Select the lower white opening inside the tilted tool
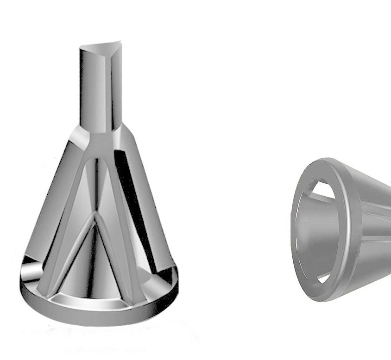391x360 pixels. click(324, 278)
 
